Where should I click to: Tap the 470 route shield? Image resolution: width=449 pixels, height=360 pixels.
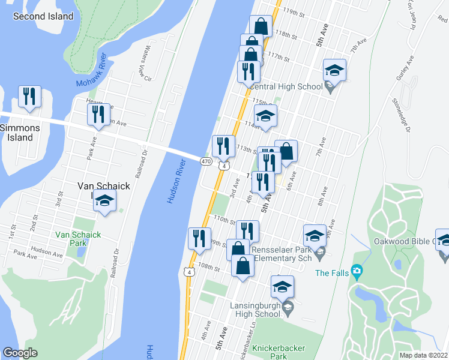click(206, 161)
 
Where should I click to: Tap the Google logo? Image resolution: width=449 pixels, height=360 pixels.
click(20, 353)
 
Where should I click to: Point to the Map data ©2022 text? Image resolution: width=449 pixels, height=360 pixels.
click(424, 355)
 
